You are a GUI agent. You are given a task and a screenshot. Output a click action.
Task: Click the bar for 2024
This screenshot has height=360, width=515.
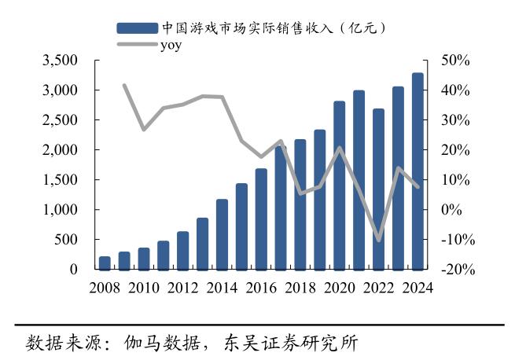[418, 171]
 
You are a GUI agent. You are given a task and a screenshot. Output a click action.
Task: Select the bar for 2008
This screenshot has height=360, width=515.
[105, 263]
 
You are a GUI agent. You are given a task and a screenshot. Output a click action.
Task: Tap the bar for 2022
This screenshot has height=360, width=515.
[378, 189]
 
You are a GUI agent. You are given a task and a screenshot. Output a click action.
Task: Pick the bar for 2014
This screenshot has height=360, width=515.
[222, 234]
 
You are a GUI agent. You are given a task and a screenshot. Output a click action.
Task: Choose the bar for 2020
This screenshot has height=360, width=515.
[339, 185]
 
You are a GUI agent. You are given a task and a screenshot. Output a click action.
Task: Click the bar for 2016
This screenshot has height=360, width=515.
[261, 219]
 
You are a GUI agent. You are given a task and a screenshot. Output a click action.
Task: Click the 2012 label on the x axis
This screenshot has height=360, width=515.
[182, 286]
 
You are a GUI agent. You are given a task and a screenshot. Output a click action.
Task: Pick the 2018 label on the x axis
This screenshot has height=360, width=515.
[300, 286]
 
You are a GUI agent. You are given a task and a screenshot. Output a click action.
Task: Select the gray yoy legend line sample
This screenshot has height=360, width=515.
[138, 44]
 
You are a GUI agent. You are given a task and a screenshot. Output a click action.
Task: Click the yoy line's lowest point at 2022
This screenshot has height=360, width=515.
[378, 240]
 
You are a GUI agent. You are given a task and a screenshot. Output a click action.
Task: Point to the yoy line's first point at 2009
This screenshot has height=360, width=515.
[124, 85]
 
